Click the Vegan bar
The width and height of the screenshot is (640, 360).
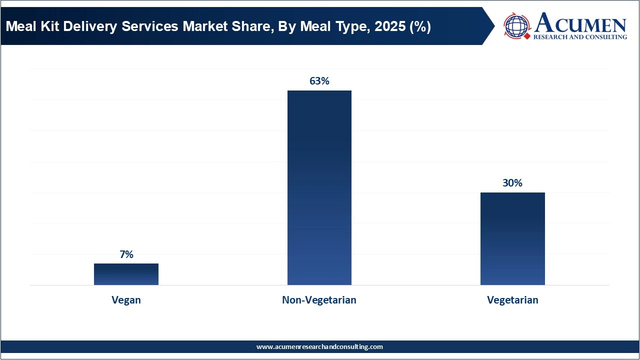coord(126,274)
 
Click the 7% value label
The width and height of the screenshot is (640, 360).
coord(126,254)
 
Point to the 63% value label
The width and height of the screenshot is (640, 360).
coord(319,81)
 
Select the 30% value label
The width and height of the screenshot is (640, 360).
coord(512,183)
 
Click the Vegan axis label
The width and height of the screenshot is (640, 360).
coord(126,300)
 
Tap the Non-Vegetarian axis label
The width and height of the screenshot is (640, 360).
coord(319,300)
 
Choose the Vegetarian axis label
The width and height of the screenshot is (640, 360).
coord(512,300)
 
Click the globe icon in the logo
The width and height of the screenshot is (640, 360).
coord(516,26)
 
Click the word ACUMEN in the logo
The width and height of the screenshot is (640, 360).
coord(580,23)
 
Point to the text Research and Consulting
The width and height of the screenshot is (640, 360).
coord(580,37)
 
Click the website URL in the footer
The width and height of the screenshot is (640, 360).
coord(319,346)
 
